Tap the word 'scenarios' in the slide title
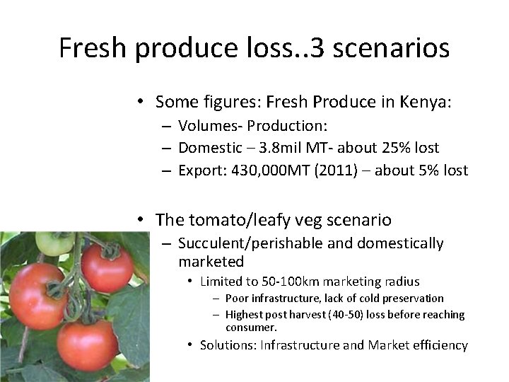coord(385,48)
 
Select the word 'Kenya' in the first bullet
coord(427,103)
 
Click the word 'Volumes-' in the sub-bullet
coord(206,127)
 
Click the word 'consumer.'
coord(252,328)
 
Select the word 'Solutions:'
coord(229,345)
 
